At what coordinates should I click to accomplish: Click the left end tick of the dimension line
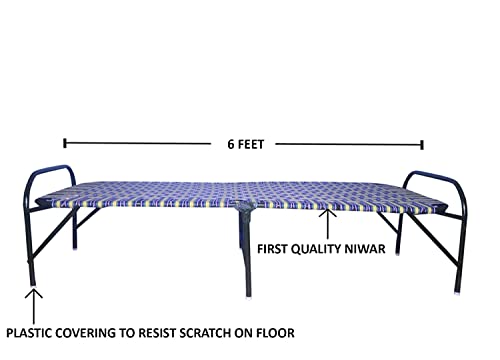(65, 142)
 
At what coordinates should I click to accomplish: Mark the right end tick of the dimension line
(422, 142)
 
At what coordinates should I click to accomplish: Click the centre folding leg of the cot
(243, 250)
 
